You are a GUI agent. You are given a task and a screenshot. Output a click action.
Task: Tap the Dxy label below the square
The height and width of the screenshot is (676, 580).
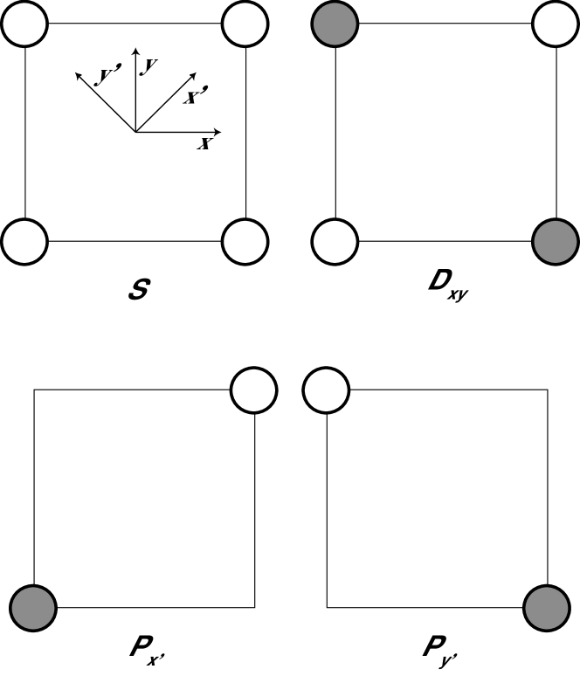445,288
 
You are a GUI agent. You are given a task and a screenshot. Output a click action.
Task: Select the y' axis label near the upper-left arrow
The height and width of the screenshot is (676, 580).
108,77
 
